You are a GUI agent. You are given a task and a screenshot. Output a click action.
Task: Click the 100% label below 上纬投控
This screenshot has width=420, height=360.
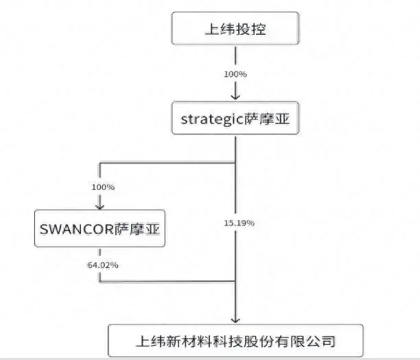click(235, 74)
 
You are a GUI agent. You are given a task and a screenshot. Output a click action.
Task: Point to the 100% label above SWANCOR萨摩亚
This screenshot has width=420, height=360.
click(103, 187)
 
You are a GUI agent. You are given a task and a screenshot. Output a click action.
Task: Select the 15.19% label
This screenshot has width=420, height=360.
click(240, 223)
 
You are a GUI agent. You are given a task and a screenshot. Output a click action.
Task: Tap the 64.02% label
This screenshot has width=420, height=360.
click(103, 265)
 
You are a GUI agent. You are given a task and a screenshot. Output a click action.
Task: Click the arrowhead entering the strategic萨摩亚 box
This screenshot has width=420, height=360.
click(235, 97)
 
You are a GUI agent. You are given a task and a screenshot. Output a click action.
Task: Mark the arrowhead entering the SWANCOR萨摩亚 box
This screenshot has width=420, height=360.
click(100, 206)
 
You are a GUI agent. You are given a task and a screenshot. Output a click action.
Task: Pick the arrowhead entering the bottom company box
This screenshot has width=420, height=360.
click(235, 320)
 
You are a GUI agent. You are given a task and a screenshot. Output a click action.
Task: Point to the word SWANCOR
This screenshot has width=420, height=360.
click(77, 230)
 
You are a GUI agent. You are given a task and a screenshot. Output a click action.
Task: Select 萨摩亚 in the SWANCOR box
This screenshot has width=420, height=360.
click(137, 229)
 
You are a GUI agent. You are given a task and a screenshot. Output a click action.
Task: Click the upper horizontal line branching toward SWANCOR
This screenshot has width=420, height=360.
click(167, 163)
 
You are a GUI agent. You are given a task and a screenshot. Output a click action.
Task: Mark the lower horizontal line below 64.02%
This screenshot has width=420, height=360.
click(167, 281)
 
